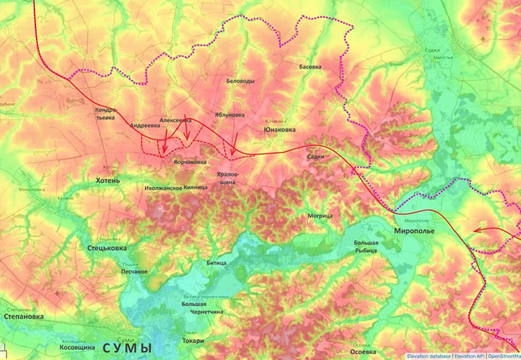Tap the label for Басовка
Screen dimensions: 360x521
click(310, 66)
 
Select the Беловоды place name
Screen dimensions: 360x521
click(240, 81)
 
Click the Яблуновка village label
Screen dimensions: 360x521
click(229, 114)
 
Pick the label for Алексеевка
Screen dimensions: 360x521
click(176, 121)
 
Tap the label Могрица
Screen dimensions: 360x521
click(320, 215)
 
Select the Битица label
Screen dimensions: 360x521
click(216, 264)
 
